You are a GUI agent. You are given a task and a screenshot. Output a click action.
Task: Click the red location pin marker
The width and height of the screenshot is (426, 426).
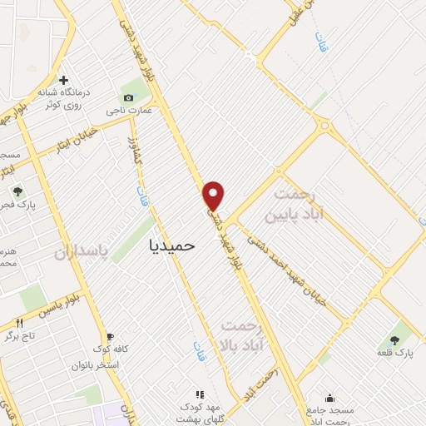(215, 195)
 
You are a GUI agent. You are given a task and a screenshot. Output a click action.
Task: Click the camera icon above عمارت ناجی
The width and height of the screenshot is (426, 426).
(128, 97)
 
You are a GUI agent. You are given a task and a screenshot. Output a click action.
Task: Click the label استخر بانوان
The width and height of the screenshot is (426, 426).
(97, 365)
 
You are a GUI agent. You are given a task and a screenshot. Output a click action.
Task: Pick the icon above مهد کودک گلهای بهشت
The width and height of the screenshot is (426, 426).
(199, 394)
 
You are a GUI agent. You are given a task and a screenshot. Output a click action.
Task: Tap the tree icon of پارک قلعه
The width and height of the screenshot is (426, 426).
(394, 341)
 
